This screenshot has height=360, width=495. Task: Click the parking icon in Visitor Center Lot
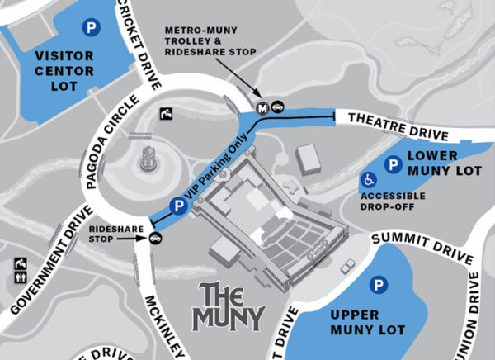[88, 28]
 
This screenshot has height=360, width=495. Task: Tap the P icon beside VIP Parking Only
[176, 206]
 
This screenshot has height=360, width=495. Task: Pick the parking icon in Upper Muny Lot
[379, 286]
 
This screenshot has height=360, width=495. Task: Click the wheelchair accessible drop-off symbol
[365, 179]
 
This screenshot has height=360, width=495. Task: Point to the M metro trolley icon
[262, 107]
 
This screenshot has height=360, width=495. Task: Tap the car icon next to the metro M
[278, 107]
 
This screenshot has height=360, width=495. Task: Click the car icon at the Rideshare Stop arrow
[155, 239]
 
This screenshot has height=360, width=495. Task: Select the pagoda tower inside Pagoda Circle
[149, 156]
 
